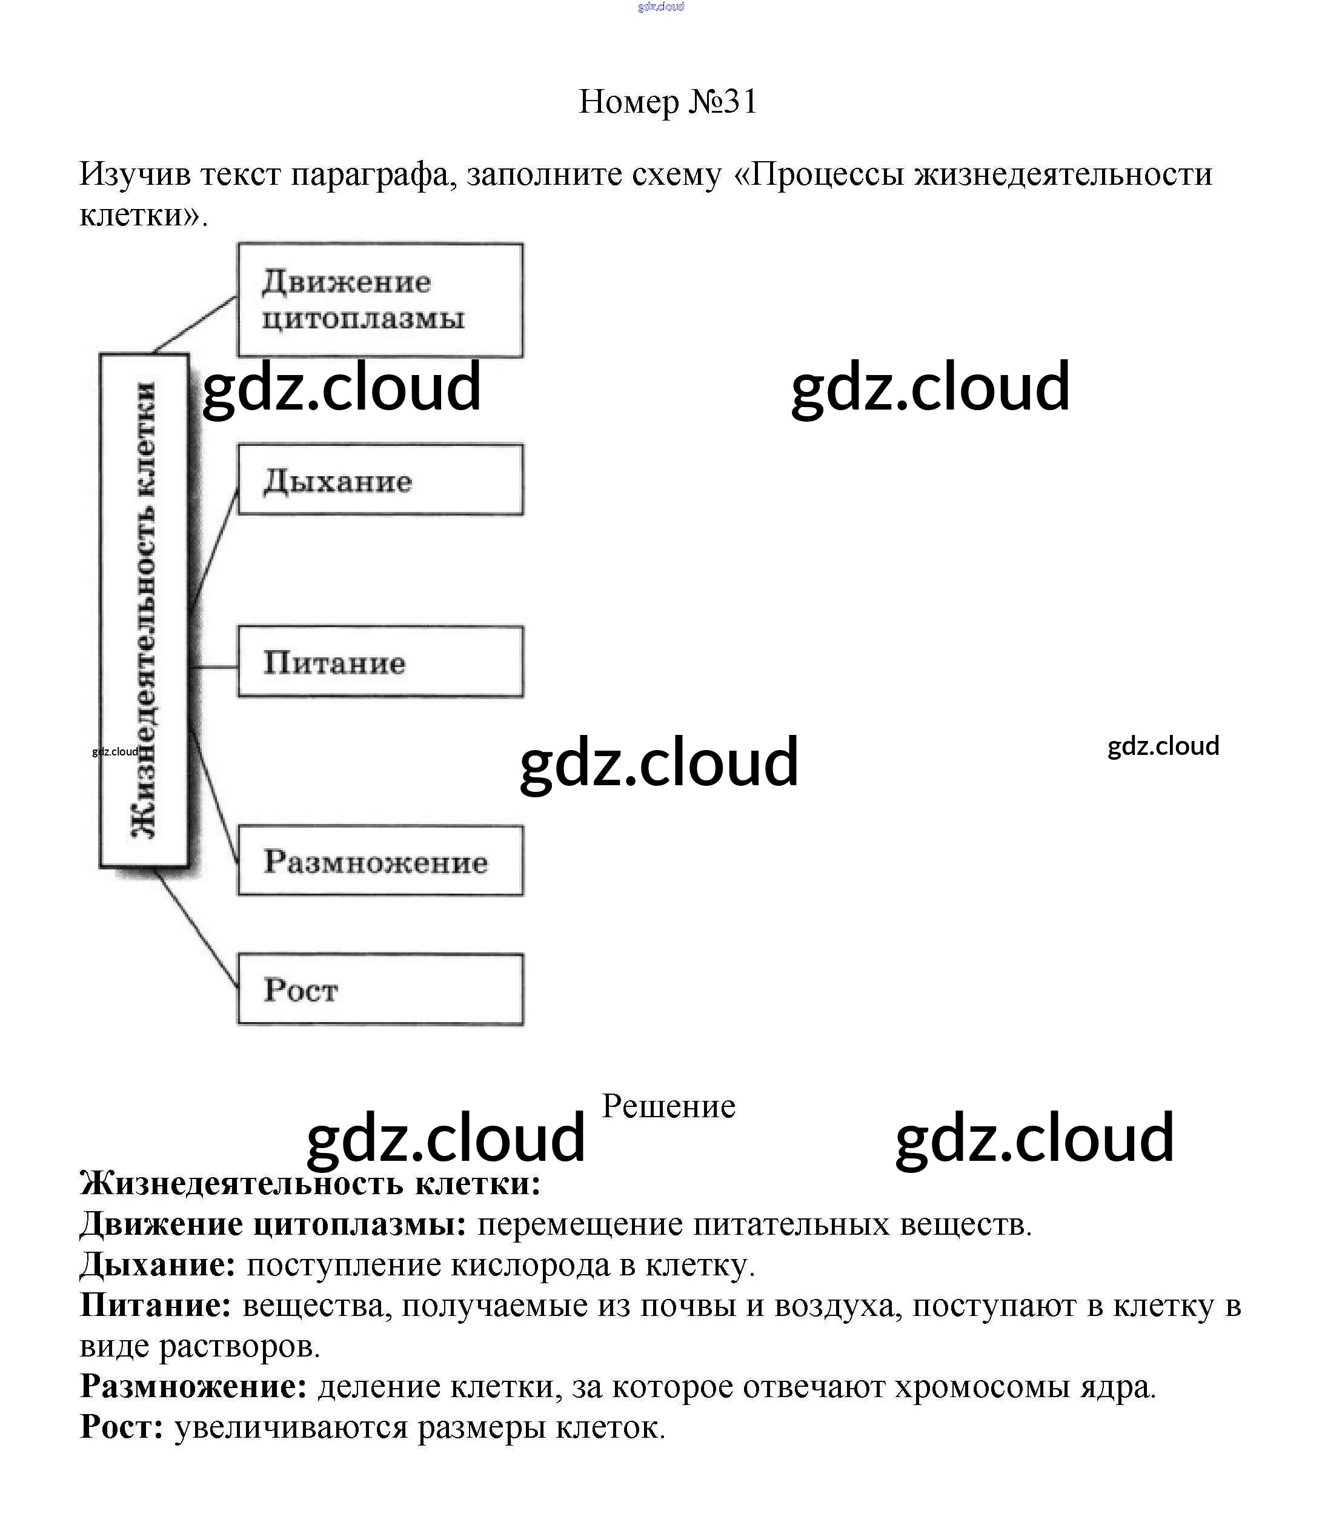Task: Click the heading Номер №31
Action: [668, 102]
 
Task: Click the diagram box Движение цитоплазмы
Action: [380, 301]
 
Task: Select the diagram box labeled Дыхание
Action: [380, 480]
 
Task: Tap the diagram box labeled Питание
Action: [380, 662]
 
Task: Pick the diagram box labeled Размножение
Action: [380, 861]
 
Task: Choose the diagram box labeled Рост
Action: [380, 989]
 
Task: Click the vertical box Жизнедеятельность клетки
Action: [145, 610]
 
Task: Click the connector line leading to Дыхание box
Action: [214, 550]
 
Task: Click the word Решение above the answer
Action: [668, 1106]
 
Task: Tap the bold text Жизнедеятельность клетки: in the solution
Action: [310, 1184]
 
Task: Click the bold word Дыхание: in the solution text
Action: [157, 1265]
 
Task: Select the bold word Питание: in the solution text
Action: [156, 1306]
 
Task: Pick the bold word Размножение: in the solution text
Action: [193, 1387]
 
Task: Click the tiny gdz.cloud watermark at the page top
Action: [661, 7]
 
